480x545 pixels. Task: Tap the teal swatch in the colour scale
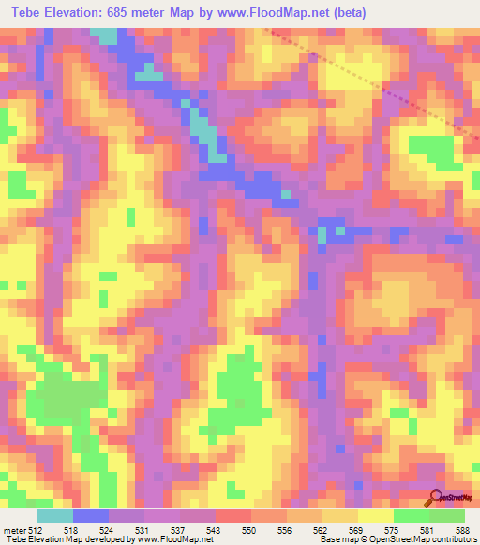coord(55,516)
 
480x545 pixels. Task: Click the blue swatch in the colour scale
coord(91,516)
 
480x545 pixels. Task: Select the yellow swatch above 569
coord(340,516)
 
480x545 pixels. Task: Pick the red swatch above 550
coord(233,516)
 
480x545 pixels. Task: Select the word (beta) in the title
coord(344,12)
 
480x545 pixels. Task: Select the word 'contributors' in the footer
coord(453,539)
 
